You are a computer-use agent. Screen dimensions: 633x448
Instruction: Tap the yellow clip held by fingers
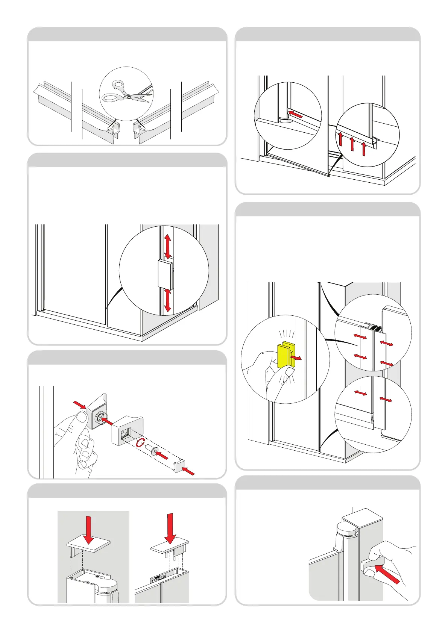pos(285,355)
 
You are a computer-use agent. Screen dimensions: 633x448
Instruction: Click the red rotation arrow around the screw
pos(140,443)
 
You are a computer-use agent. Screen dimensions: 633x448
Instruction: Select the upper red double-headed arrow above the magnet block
pos(168,246)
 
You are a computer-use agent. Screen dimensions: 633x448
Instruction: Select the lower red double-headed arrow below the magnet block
pos(168,301)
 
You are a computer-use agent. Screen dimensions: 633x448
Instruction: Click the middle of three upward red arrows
pos(352,144)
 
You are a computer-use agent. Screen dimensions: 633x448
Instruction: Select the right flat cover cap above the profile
pos(169,549)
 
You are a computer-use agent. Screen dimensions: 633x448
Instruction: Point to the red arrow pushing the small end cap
pos(189,471)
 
